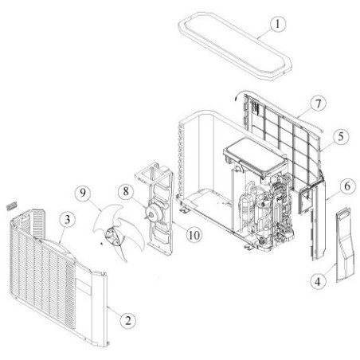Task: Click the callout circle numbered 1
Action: tap(278, 24)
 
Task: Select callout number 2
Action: tap(128, 320)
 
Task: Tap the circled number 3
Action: tap(68, 220)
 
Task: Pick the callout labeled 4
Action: tap(318, 281)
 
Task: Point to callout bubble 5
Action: tap(341, 136)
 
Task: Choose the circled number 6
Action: tap(347, 186)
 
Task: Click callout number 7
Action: tap(318, 104)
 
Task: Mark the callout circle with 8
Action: tap(126, 191)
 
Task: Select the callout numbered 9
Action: tap(83, 193)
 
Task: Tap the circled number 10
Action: tap(194, 235)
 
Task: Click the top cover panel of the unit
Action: tap(235, 45)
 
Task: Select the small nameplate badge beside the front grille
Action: tap(12, 205)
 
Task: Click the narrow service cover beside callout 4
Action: tap(345, 245)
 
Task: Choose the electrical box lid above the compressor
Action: tap(256, 157)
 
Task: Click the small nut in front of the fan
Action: tap(101, 243)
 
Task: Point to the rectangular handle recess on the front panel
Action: tap(84, 286)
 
